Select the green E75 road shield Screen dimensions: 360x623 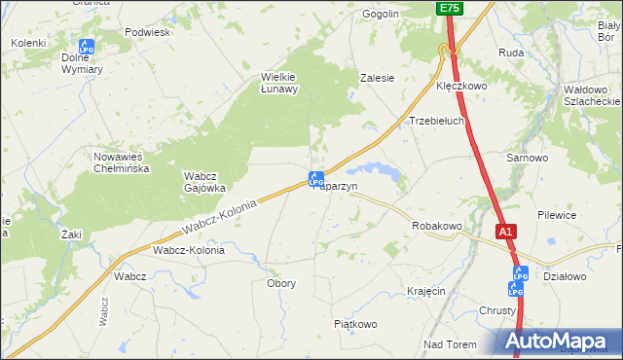(x=449, y=8)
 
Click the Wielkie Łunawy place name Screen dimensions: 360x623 (x=279, y=83)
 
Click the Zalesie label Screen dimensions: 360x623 (x=377, y=78)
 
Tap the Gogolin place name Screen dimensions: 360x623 (x=381, y=15)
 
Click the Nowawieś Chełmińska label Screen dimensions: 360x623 (x=120, y=162)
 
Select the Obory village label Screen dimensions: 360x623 (x=281, y=283)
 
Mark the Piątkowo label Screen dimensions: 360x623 (x=355, y=324)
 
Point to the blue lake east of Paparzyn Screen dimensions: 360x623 (x=383, y=172)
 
